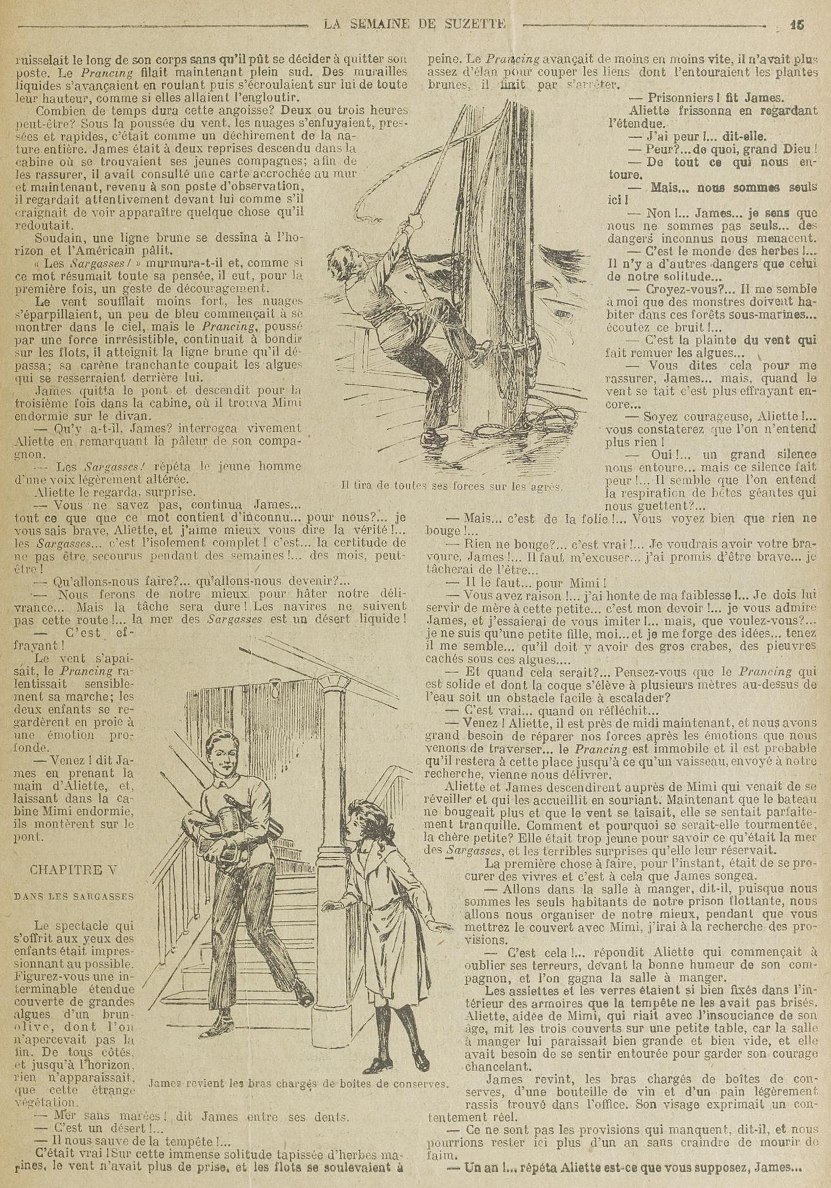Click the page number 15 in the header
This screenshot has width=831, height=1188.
[x=797, y=25]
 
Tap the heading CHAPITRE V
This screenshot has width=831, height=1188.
[x=73, y=870]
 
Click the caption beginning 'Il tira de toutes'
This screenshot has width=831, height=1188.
[x=452, y=486]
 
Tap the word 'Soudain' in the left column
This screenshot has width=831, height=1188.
[x=55, y=239]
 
